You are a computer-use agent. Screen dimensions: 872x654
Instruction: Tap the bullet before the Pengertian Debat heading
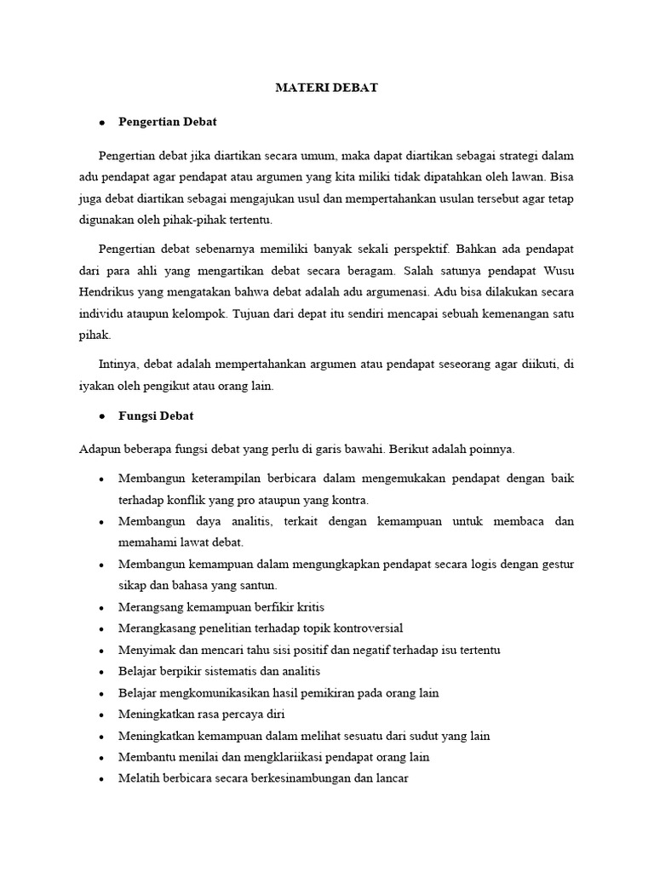click(x=101, y=123)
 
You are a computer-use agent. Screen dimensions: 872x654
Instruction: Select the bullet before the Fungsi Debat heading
click(x=101, y=416)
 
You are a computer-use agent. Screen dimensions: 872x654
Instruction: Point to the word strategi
click(x=504, y=156)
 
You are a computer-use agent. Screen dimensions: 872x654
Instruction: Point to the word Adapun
click(x=100, y=449)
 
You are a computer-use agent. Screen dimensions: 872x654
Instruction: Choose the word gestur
click(x=557, y=564)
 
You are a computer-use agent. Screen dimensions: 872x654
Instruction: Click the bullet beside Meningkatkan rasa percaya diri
click(x=101, y=714)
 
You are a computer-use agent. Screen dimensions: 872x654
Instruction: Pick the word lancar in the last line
click(x=393, y=778)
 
